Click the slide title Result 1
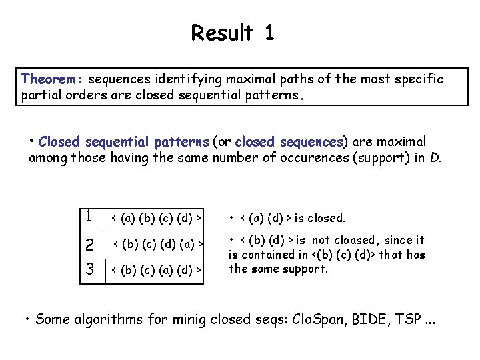(232, 32)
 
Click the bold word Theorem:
(52, 79)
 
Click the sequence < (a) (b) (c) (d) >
(156, 217)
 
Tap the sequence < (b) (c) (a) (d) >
(156, 269)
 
